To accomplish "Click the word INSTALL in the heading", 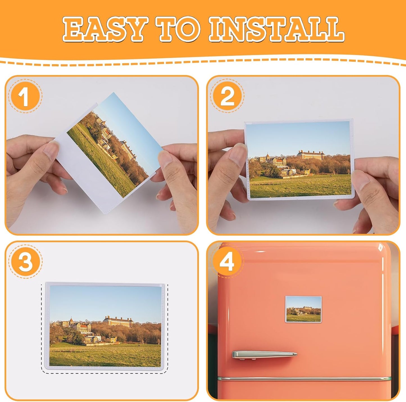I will (277, 29).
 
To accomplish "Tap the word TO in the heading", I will (178, 29).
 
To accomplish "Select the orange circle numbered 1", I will (25, 96).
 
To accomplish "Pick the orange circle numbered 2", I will (227, 96).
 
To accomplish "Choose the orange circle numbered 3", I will (25, 261).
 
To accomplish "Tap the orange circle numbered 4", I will (227, 261).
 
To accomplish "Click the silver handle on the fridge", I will (264, 354).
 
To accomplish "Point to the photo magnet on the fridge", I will (303, 309).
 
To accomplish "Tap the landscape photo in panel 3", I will (105, 326).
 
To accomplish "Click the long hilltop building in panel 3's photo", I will (118, 321).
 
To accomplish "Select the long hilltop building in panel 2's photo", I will (311, 154).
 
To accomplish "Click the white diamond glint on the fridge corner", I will (380, 247).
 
